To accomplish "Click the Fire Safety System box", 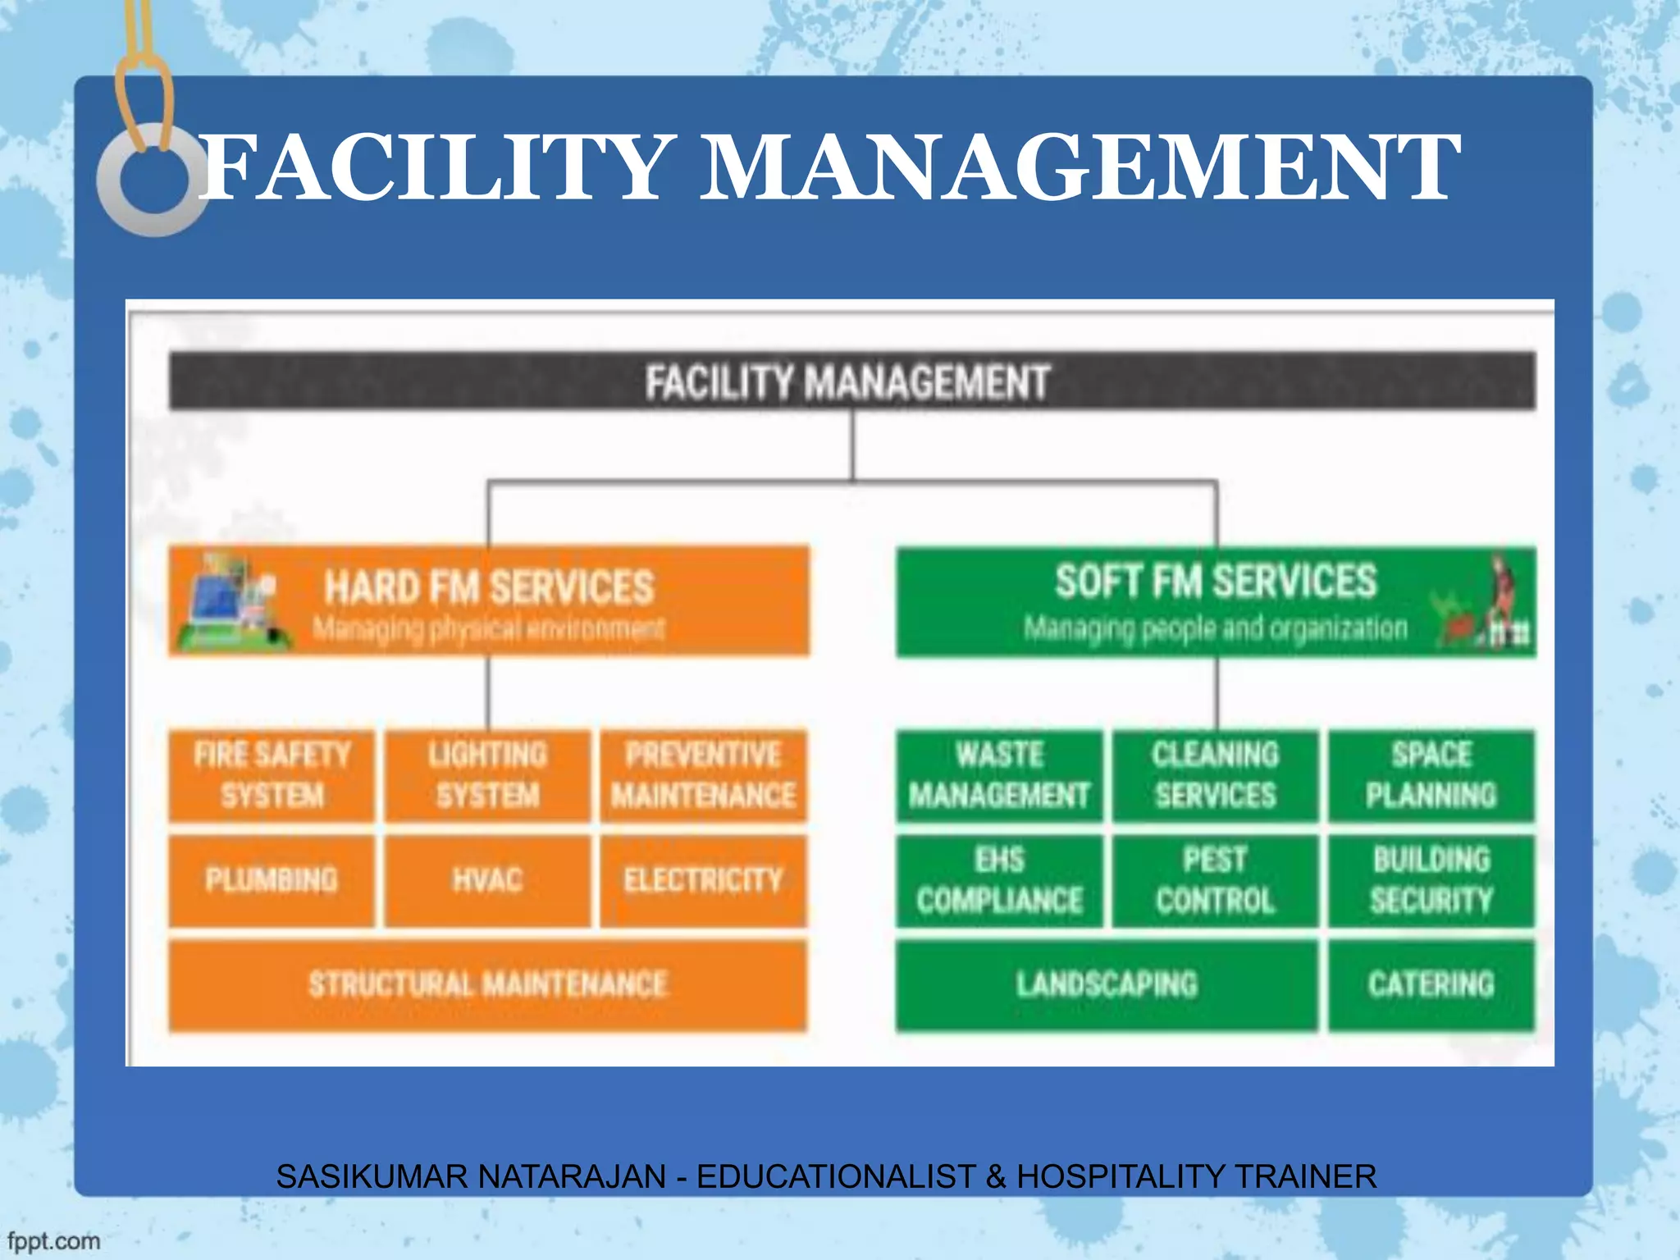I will [272, 775].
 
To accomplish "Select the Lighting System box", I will [487, 775].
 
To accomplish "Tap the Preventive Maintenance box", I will [703, 775].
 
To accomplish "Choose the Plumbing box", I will [272, 880].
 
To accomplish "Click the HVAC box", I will [487, 880].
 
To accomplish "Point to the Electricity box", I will [703, 880].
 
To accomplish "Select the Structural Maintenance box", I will [487, 984].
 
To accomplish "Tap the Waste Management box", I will [999, 775].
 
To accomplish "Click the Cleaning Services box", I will [1215, 775].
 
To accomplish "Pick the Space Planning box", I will [1431, 775].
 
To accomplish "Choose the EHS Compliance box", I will [999, 880].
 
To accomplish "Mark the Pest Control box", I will [1215, 880].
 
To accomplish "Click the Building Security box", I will [1431, 880].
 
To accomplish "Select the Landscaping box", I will [1107, 984].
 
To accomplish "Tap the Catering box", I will [1431, 984].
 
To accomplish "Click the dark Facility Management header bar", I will [851, 381].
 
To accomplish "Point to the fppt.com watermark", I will [54, 1240].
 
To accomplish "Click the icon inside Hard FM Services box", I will [234, 602].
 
